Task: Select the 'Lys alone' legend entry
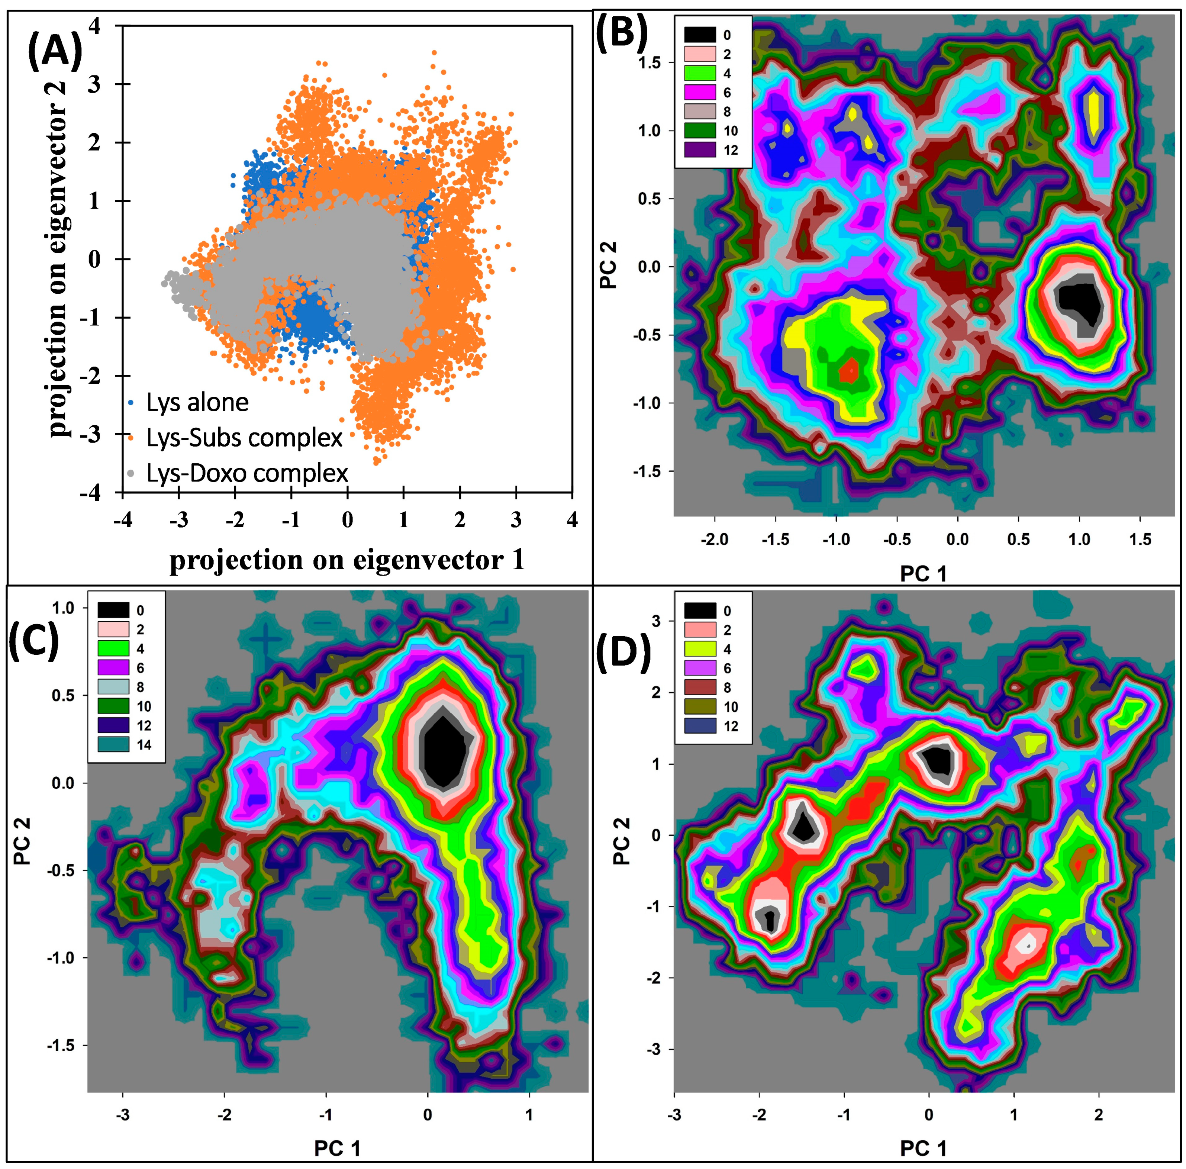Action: (196, 403)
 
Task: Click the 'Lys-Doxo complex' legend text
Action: (247, 473)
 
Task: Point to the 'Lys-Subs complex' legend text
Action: (244, 438)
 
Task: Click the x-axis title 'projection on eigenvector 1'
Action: (347, 559)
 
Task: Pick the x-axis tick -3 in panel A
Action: (178, 520)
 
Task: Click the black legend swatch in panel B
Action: (700, 35)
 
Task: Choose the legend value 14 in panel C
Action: (144, 745)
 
